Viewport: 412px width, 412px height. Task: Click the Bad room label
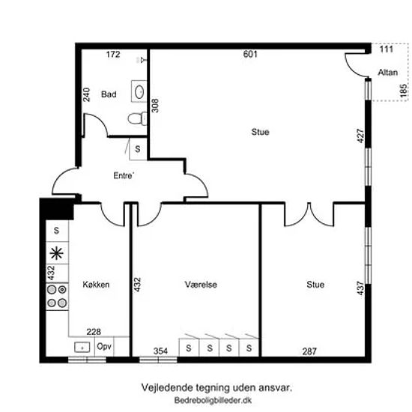coord(109,94)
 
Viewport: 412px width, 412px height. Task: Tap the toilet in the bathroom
coord(137,118)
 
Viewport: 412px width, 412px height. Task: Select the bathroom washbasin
coord(139,91)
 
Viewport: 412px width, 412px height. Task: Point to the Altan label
coord(387,72)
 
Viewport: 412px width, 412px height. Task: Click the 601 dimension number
coord(250,54)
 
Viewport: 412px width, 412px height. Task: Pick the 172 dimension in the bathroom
coord(113,55)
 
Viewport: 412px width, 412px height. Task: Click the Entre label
coord(124,175)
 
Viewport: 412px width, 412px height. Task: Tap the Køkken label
coord(96,285)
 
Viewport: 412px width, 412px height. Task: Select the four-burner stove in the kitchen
coord(57,297)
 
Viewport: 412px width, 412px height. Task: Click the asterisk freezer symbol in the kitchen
coord(56,253)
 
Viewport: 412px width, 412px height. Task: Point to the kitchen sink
coord(82,347)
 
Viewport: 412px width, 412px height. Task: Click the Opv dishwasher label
coord(104,347)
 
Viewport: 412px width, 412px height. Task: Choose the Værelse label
coord(201,285)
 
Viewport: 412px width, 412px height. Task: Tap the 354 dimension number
coord(160,351)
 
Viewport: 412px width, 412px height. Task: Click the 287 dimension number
coord(309,351)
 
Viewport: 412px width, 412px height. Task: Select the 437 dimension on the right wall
coord(360,288)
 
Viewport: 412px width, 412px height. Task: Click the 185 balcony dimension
coord(404,91)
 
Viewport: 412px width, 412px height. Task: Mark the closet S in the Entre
coord(138,149)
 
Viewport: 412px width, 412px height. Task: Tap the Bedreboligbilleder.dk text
coord(213,400)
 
